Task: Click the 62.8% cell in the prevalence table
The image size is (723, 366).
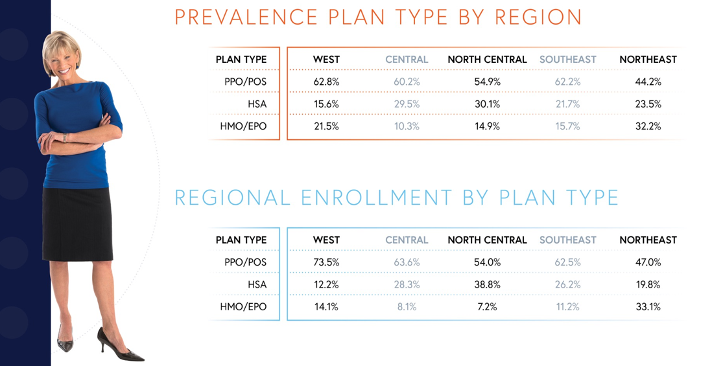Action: pos(326,82)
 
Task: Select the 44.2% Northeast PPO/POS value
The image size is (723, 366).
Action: pos(648,82)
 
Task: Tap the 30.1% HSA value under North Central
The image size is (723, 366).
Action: pos(487,104)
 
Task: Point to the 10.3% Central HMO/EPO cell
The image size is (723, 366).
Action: pos(407,126)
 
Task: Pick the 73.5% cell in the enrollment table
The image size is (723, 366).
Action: pos(326,262)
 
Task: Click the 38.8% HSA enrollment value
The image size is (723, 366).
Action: pos(487,284)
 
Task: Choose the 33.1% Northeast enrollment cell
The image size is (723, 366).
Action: pos(648,306)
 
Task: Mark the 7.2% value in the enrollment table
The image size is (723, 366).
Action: pos(487,306)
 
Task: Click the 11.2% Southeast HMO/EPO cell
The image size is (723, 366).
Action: pos(567,306)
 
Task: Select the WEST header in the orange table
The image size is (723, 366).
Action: pos(326,60)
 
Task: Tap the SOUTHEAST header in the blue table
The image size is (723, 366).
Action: pos(567,240)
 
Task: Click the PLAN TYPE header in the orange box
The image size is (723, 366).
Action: pos(241,60)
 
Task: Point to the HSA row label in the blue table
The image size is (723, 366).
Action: pos(257,284)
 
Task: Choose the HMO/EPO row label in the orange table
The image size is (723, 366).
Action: pos(243,126)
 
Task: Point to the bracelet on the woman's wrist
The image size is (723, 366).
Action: pos(65,138)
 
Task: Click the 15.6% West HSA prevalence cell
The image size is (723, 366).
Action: pos(326,104)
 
